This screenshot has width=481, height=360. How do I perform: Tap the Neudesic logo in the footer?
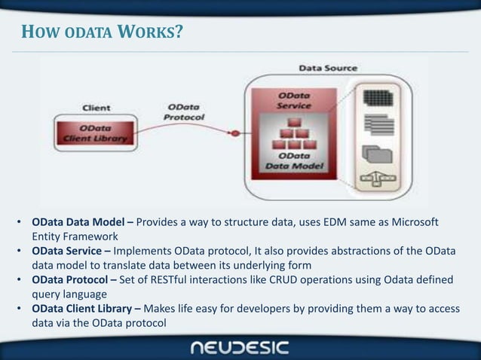[240, 347]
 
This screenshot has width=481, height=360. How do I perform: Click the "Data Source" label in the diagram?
[328, 68]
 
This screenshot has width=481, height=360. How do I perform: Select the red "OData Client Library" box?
[95, 133]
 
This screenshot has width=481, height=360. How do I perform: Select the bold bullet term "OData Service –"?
[72, 252]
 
